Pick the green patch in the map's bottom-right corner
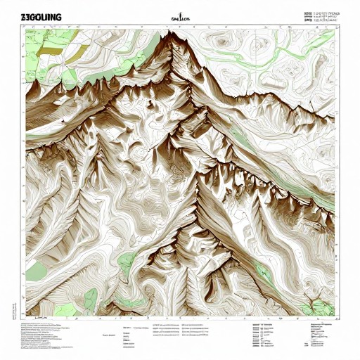pos(320,307)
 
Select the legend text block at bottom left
pos(42,331)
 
